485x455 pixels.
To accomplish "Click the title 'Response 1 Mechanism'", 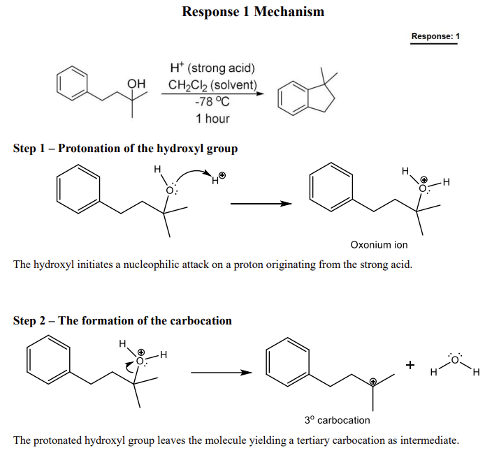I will coord(252,11).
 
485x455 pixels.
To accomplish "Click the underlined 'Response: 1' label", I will coord(435,36).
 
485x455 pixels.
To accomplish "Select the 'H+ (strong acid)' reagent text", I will coord(212,68).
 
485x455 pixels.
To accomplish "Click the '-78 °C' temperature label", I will coord(212,102).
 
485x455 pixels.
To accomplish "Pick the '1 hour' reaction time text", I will coord(212,118).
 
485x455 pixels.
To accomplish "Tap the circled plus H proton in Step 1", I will coord(219,179).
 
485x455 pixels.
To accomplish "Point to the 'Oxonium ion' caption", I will coord(379,245).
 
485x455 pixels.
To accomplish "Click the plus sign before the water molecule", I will coord(410,366).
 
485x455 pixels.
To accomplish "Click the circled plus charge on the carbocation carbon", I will coord(372,382).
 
